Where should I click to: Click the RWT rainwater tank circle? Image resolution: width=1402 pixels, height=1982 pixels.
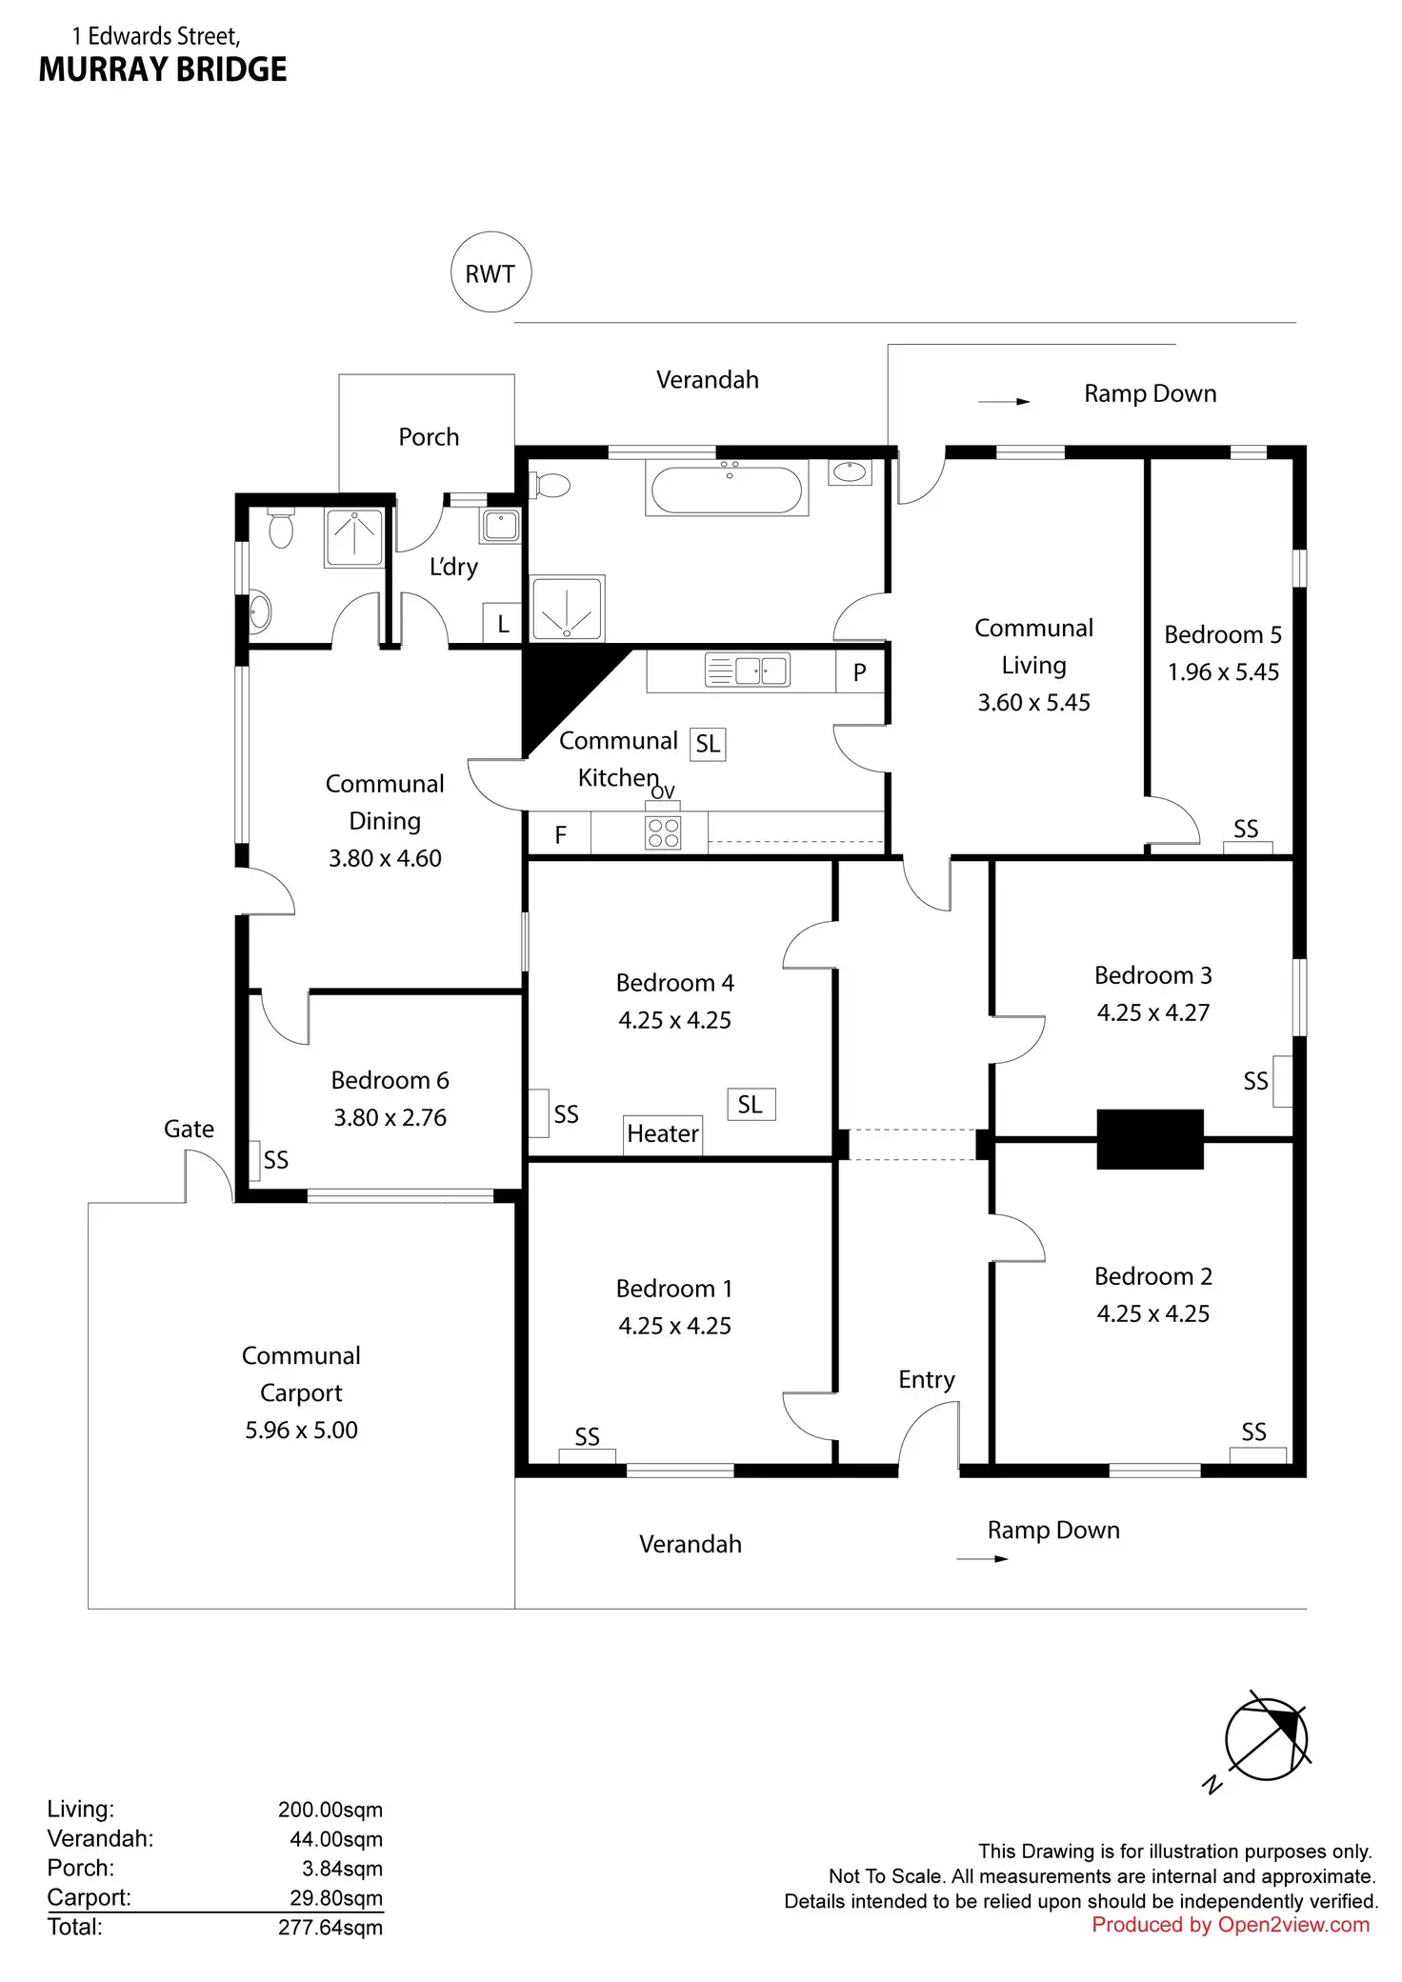click(x=491, y=272)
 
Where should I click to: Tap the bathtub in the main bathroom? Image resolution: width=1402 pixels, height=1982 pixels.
click(x=727, y=488)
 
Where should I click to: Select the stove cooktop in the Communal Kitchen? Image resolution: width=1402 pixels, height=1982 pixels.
click(x=663, y=832)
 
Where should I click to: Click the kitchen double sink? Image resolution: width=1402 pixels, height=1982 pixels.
click(x=747, y=670)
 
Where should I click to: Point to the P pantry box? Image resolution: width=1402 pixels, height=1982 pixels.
click(x=859, y=671)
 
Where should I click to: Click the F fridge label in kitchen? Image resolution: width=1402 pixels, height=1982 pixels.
click(x=560, y=834)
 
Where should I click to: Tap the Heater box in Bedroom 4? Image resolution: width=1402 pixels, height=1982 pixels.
click(x=663, y=1133)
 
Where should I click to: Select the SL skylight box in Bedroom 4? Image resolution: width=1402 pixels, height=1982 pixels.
click(x=751, y=1104)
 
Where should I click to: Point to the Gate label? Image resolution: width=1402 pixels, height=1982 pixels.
click(x=189, y=1129)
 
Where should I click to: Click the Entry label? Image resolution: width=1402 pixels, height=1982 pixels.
click(x=927, y=1379)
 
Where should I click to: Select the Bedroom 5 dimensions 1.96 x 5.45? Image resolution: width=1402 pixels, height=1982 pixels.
click(x=1223, y=671)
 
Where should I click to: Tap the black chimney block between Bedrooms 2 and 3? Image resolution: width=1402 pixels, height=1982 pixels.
click(x=1150, y=1138)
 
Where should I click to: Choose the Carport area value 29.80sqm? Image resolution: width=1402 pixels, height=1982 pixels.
click(x=335, y=1897)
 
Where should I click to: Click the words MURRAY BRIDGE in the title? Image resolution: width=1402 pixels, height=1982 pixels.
click(x=163, y=70)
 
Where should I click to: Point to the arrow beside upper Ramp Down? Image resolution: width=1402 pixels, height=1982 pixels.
click(x=1004, y=402)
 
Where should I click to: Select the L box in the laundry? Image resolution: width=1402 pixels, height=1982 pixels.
click(x=503, y=624)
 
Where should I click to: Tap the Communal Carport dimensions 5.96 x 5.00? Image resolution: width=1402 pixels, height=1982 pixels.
click(x=301, y=1430)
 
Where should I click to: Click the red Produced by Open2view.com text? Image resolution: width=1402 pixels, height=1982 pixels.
click(x=1230, y=1924)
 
